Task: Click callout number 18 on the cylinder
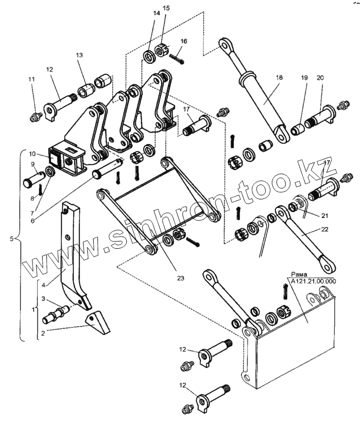pos(279,77)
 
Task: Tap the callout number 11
pos(32,79)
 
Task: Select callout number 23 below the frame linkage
pos(180,278)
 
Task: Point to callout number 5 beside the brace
pos(12,238)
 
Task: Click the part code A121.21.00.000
pos(313,281)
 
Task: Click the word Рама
pos(299,275)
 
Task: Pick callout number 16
pos(184,41)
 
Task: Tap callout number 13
pos(79,55)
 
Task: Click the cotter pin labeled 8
pos(41,189)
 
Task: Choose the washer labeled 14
pos(149,57)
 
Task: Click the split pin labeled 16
pos(176,59)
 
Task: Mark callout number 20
pos(319,78)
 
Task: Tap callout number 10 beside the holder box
pos(32,153)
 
